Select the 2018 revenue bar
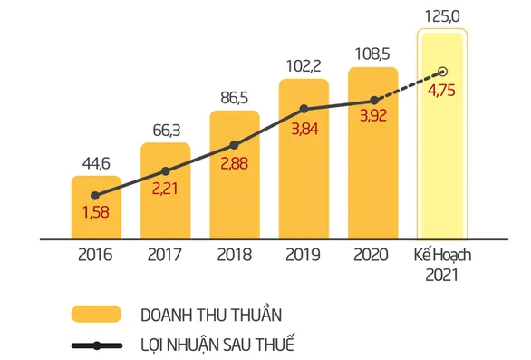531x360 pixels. tap(235, 181)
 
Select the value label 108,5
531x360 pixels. tap(372, 54)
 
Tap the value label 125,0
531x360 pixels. tap(442, 15)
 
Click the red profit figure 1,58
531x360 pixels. tap(96, 213)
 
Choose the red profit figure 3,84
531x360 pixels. tap(304, 129)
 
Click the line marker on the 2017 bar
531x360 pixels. tap(165, 170)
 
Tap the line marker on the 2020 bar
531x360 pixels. tap(372, 101)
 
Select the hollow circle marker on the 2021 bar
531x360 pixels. tap(443, 71)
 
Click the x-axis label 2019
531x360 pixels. tap(304, 255)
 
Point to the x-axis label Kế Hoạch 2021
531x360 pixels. tap(442, 264)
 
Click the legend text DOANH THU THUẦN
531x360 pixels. tap(210, 315)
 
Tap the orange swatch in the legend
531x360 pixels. tap(96, 315)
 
